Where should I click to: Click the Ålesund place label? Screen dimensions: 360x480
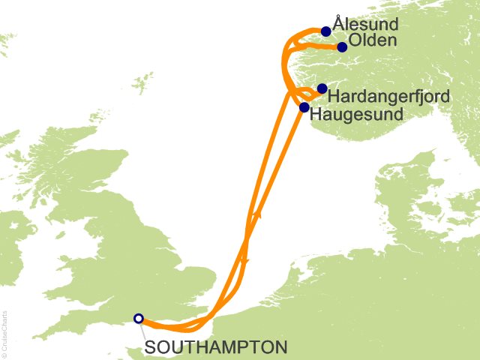pyautogui.click(x=366, y=25)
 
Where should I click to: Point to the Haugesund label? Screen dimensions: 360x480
pyautogui.click(x=355, y=114)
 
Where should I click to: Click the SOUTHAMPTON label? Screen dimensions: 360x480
pyautogui.click(x=214, y=347)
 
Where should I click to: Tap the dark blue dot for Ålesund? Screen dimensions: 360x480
pyautogui.click(x=325, y=31)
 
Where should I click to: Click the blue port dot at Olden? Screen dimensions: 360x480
pyautogui.click(x=342, y=47)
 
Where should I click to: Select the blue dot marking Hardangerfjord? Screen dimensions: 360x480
pyautogui.click(x=322, y=88)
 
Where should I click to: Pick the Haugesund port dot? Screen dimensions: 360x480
pyautogui.click(x=304, y=107)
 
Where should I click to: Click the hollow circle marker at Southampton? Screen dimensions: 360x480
pyautogui.click(x=138, y=318)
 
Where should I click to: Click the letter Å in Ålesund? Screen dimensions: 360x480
pyautogui.click(x=338, y=24)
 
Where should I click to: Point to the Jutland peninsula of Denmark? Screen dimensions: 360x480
pyautogui.click(x=390, y=195)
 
